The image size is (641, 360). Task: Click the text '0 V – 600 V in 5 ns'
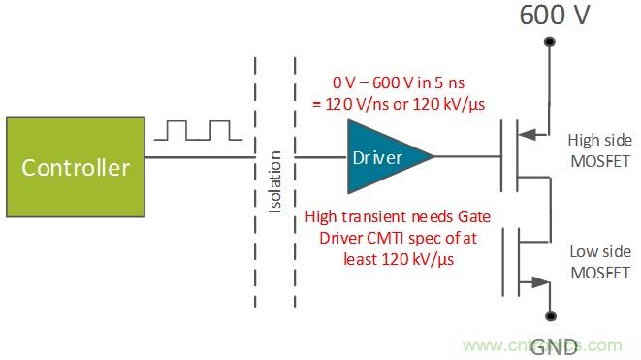click(x=392, y=84)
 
